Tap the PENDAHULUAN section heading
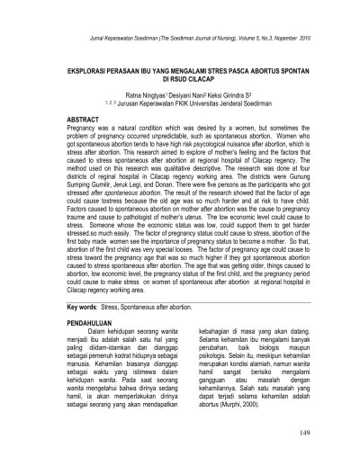[x=68, y=319]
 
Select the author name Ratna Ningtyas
[x=142, y=93]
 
